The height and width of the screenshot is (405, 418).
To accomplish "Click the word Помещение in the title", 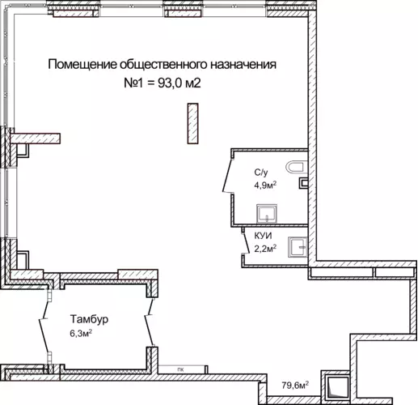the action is pos(82,65).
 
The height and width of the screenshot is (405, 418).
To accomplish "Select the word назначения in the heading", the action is pos(243,65).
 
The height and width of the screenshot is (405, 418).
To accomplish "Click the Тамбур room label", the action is pos(89,320).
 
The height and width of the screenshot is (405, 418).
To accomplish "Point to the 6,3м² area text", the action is pos(81,334).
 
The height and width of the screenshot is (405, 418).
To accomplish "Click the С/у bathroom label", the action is pos(261,173).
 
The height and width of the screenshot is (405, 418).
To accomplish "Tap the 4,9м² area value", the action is pos(265,185).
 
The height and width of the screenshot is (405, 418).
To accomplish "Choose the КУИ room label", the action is pos(263,236).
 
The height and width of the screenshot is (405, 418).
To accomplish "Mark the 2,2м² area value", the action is pos(265,249).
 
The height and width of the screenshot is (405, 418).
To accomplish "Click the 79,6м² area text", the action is pos(295,386).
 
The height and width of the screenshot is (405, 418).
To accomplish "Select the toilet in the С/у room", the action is pos(297,168).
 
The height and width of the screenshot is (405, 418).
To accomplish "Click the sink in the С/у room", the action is pos(267,214).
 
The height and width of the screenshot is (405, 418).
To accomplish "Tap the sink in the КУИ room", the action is pos(298,247).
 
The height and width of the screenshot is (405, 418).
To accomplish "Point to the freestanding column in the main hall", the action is pos(193,123).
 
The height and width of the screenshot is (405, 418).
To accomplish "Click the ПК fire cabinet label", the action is pos(181,369).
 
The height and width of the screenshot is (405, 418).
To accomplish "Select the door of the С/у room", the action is pos(227,176).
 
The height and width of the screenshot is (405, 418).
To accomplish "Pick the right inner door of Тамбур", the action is pos(150,322).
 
